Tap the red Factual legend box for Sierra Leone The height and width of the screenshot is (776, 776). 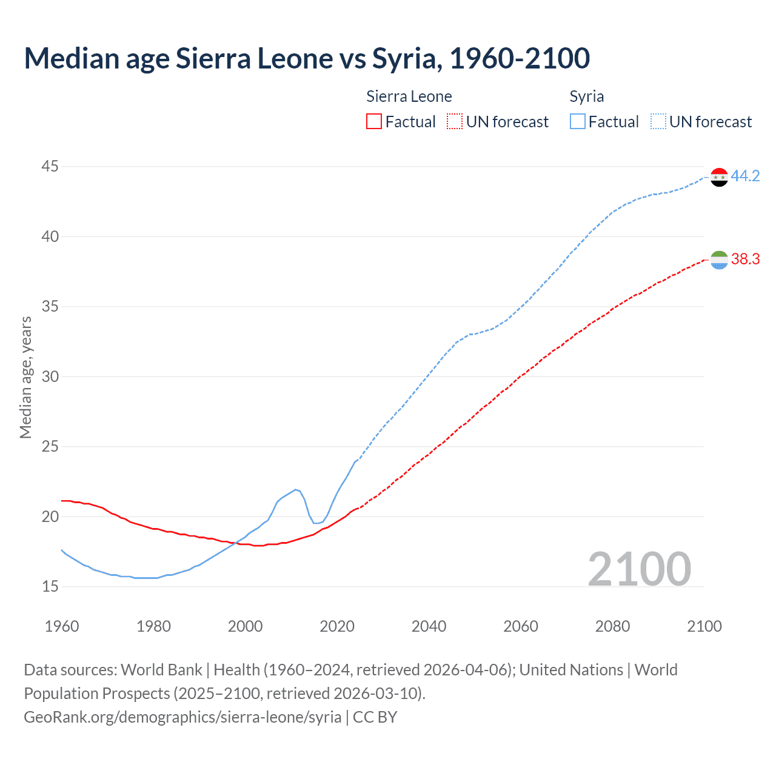coord(374,122)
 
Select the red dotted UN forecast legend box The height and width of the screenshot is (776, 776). coord(455,122)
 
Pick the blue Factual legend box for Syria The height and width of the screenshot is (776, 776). coord(578,122)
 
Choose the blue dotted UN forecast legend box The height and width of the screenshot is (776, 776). coord(658,122)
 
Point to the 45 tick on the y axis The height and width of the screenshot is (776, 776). coord(50,166)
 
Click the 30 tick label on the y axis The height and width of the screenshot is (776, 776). coord(50,376)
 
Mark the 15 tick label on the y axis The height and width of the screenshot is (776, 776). coord(50,586)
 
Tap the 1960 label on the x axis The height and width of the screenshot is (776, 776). coord(62,626)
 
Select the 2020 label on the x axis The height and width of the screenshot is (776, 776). coord(337,626)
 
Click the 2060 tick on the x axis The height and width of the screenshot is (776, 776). coord(521,626)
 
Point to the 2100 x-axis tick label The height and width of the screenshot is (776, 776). coord(704,626)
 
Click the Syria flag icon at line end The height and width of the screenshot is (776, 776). coord(719,177)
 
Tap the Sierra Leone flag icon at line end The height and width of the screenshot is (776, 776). coord(719,260)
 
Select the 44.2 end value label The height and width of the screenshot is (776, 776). coord(745,176)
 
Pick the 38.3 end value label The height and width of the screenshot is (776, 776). coord(745,259)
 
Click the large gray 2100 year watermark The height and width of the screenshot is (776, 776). coord(639,569)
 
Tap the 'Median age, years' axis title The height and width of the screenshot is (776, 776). coord(25,376)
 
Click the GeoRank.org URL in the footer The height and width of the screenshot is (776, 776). coord(182,717)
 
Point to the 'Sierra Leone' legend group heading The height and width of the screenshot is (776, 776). coord(409,97)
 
